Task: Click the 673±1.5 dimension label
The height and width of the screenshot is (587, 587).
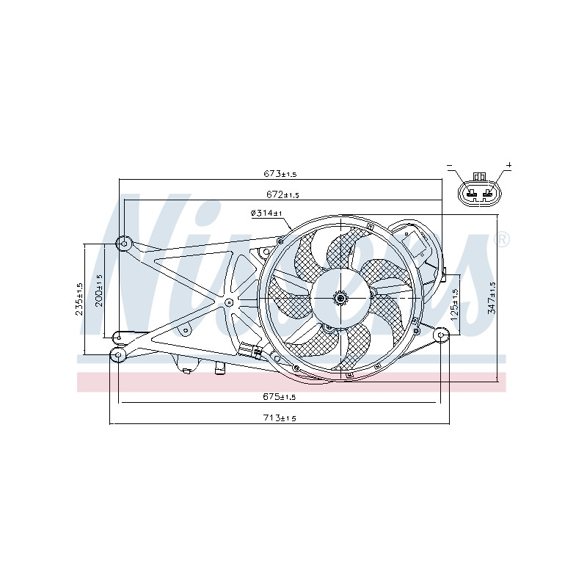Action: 280,173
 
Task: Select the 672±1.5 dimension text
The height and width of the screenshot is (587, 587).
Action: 282,194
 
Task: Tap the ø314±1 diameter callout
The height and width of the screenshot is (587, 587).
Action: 266,213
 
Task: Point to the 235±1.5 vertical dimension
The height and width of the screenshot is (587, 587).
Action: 79,299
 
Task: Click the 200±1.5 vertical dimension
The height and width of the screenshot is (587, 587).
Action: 99,291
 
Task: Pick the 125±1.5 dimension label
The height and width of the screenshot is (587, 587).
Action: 455,305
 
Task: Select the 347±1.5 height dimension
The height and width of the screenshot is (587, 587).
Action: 492,298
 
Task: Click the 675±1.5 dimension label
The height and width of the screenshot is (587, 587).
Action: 280,396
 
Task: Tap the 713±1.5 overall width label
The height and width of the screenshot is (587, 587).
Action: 280,418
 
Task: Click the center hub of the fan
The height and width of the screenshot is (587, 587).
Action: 340,298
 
